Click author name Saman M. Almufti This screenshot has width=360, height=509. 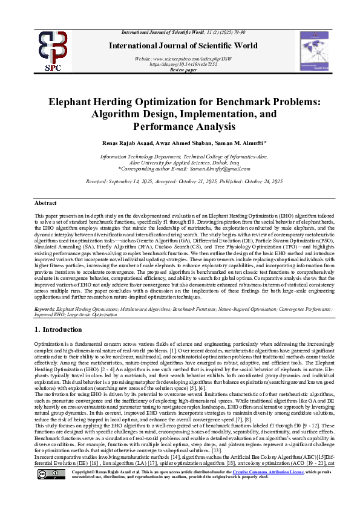coord(235,143)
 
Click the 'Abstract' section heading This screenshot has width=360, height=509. coord(46,203)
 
